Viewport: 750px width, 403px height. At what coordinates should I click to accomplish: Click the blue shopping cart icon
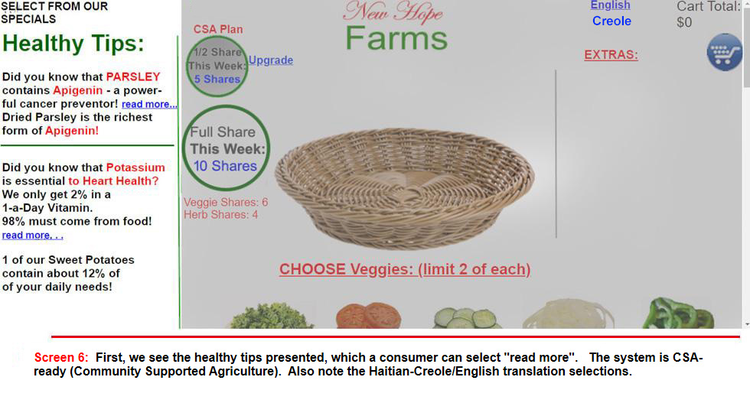tap(725, 52)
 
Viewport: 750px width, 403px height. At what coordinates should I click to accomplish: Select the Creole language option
tap(611, 21)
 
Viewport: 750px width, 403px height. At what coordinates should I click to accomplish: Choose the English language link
tap(611, 5)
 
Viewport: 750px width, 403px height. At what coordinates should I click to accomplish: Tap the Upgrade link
tap(271, 60)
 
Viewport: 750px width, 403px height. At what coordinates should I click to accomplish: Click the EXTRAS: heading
tap(611, 55)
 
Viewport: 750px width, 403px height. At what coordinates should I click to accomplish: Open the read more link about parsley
tap(149, 104)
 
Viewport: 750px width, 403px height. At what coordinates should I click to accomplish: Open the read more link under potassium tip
tap(32, 236)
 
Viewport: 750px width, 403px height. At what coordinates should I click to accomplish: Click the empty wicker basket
tap(405, 188)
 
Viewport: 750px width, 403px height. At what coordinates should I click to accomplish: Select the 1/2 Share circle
tap(217, 66)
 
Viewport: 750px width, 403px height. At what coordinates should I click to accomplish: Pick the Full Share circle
tap(226, 148)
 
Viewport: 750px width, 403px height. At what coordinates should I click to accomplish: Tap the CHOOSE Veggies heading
tap(405, 269)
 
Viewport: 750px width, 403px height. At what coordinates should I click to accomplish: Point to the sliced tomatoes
tap(368, 315)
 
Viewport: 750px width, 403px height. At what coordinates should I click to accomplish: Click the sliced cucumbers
tap(466, 318)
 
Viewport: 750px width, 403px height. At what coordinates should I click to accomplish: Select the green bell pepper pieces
tap(678, 313)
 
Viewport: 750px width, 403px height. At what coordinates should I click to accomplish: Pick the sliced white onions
tap(568, 314)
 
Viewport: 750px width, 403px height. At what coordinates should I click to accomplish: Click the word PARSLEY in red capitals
tap(133, 77)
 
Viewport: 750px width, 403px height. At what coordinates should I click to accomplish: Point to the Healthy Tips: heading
tap(73, 44)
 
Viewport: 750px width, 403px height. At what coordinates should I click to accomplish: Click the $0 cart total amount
tap(684, 22)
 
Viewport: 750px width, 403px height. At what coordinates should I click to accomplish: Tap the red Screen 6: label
tap(61, 358)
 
